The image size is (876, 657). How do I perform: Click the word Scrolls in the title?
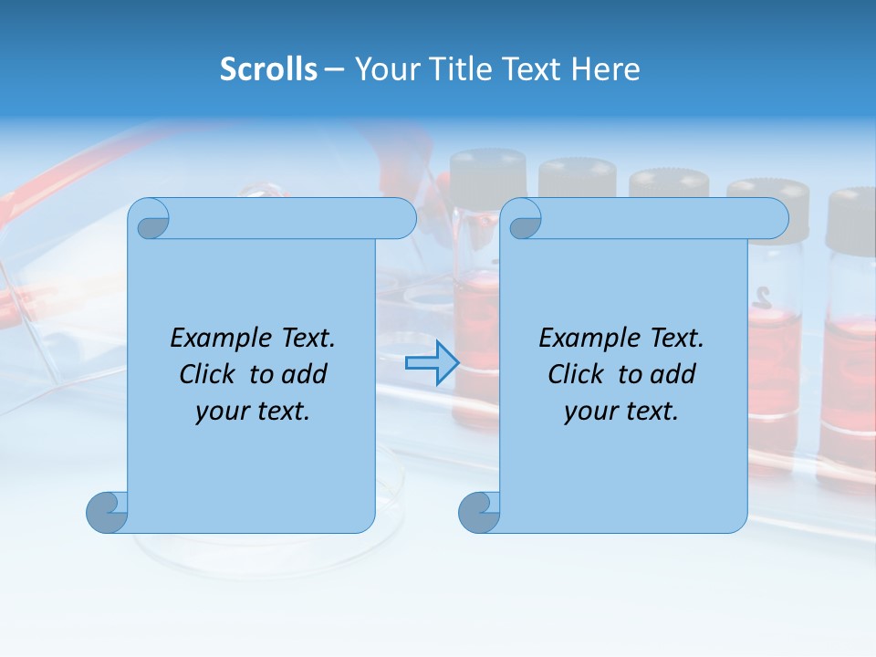(268, 69)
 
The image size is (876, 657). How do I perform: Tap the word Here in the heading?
(605, 69)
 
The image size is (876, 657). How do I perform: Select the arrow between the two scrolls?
(431, 363)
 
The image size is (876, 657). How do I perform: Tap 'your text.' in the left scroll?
(253, 411)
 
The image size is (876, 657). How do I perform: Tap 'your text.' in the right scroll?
(621, 411)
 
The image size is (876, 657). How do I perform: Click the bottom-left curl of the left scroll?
(107, 512)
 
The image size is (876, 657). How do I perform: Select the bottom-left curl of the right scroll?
(479, 512)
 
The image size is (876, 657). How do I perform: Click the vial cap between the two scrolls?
(488, 172)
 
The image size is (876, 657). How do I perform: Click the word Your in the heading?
(384, 69)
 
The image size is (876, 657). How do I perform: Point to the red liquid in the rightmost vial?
(849, 383)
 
